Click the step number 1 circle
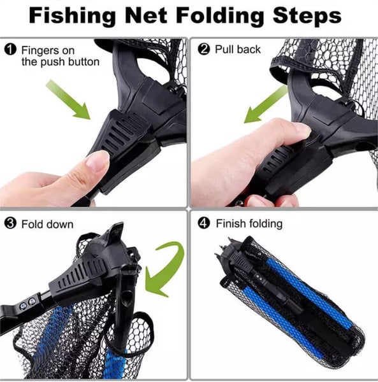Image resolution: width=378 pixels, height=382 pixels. (x=10, y=50)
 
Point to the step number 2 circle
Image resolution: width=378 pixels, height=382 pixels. (x=204, y=50)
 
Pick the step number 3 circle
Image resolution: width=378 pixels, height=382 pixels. (x=10, y=224)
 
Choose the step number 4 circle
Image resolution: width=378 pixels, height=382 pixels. (x=204, y=224)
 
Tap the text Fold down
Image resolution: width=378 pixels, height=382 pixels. (x=47, y=224)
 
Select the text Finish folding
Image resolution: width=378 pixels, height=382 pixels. (x=249, y=224)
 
